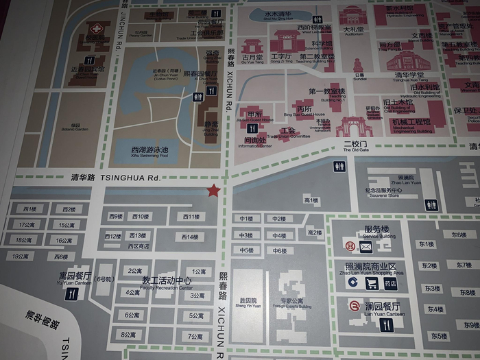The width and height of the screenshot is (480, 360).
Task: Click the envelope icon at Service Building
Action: (365, 246)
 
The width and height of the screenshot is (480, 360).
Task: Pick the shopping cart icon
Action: (372, 283)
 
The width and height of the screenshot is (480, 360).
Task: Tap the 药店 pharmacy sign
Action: (390, 283)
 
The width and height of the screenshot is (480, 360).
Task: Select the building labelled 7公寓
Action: (195, 337)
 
